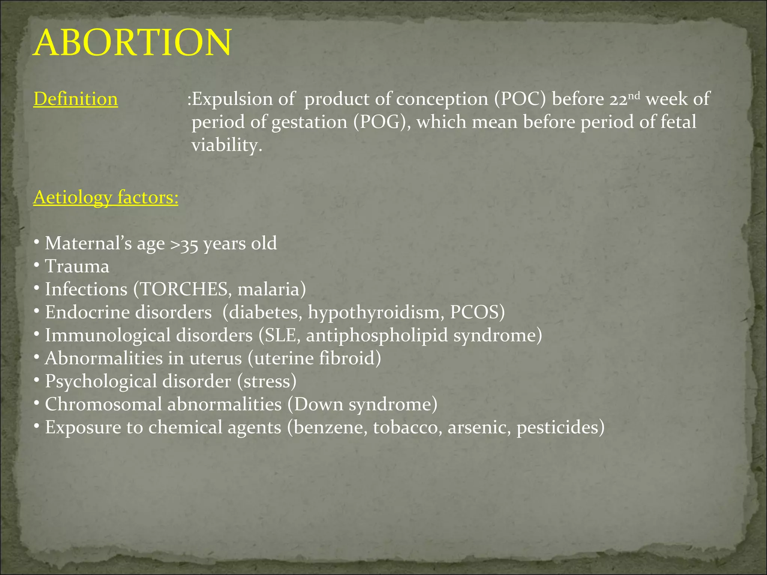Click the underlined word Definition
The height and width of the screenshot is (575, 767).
(76, 99)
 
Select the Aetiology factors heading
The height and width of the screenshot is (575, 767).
(106, 197)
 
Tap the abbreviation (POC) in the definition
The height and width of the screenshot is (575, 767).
(520, 99)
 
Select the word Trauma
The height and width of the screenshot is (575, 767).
(77, 267)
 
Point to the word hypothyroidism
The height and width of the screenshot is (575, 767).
(376, 313)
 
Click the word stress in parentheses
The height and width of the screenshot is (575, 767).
(267, 381)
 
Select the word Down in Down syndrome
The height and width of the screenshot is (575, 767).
(319, 404)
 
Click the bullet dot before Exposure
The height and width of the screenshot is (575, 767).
(36, 426)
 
